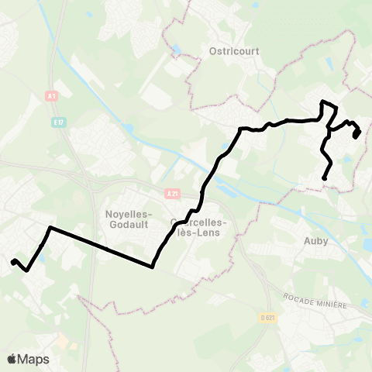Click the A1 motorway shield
[x=51, y=95]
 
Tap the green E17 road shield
[x=59, y=122]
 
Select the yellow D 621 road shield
[x=267, y=317]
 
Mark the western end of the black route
[x=12, y=262]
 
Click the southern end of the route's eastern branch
[x=324, y=179]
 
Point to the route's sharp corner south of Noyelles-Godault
[x=152, y=267]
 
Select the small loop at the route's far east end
[x=356, y=133]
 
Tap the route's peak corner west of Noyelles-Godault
[x=50, y=228]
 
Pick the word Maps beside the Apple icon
[x=33, y=359]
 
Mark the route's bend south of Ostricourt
[x=243, y=129]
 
